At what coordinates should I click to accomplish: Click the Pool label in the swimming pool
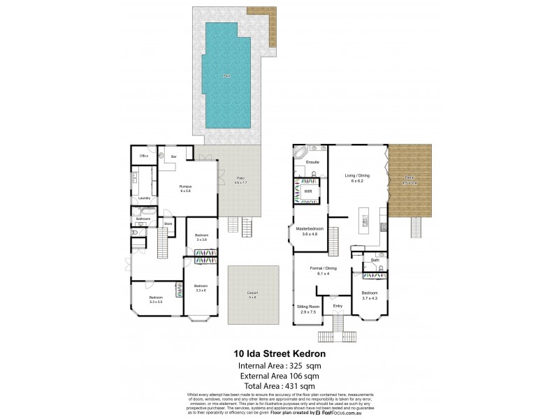coord(226,75)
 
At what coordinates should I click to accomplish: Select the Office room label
coord(144,156)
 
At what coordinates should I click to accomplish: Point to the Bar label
coord(173,156)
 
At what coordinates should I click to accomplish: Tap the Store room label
coord(168,223)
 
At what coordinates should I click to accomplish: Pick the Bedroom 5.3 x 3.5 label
coord(155,300)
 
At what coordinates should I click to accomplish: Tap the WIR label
coord(308,190)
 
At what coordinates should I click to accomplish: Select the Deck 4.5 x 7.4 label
coord(409,179)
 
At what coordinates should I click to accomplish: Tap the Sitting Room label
coord(308,308)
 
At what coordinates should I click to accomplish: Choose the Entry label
coord(337,306)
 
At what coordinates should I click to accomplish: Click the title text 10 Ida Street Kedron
coord(279,354)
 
